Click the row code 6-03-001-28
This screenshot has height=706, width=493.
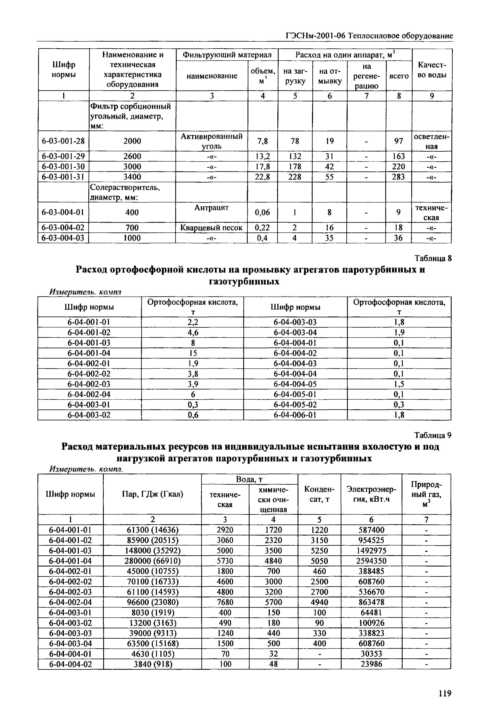(63, 141)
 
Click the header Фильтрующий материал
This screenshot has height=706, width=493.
(227, 55)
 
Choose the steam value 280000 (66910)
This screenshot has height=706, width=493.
(152, 561)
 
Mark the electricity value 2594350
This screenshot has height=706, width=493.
(371, 561)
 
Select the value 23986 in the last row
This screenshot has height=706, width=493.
(371, 664)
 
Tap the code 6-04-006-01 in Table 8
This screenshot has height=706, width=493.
(295, 415)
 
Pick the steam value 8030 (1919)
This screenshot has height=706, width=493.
(152, 612)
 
